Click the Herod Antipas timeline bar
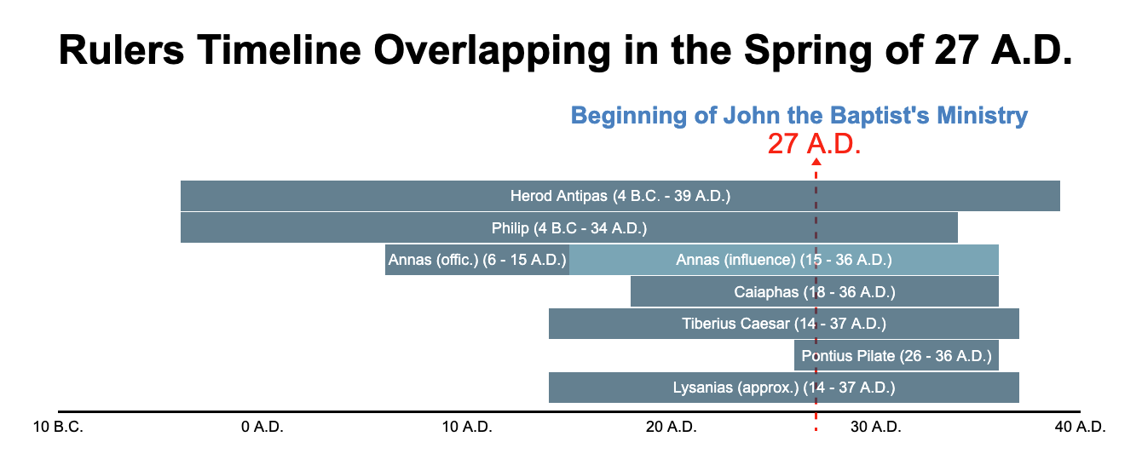coord(620,196)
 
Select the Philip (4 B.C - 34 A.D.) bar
coord(569,228)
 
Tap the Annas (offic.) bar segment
coord(477,260)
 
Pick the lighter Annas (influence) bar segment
coord(783,260)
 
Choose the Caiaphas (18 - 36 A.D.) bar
coord(814,291)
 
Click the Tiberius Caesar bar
coord(783,324)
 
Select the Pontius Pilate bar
coord(897,355)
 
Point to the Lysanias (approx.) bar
coord(783,388)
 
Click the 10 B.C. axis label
coord(58,427)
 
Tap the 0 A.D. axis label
coord(262,427)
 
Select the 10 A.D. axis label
coord(467,427)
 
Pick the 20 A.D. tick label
coord(671,427)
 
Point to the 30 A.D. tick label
coord(875,427)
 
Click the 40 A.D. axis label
coord(1080,427)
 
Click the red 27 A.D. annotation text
coord(814,144)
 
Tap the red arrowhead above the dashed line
coord(816,162)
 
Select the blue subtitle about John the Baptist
coord(799,116)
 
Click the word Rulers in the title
coord(121,50)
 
